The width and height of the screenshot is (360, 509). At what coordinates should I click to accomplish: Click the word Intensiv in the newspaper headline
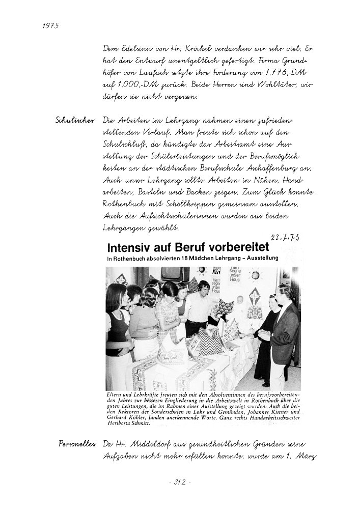[x=128, y=249]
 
